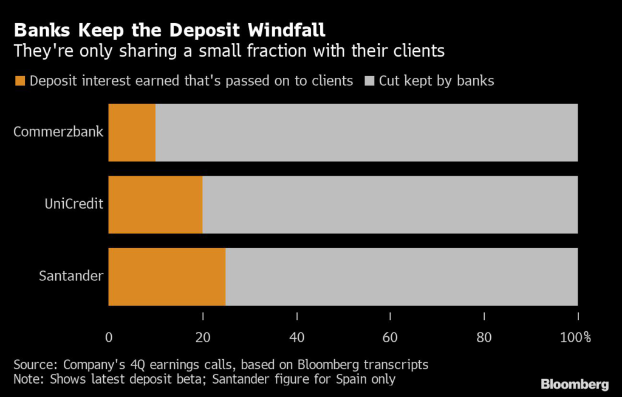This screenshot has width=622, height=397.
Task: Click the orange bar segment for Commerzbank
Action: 132,133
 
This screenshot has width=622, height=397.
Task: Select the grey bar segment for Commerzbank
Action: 366,133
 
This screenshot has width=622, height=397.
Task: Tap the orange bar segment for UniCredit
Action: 155,205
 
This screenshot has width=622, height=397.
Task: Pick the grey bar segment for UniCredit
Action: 389,205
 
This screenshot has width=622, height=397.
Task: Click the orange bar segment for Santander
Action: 167,277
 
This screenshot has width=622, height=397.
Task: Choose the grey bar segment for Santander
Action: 401,277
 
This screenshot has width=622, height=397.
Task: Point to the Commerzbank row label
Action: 59,133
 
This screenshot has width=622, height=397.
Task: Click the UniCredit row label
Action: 73,204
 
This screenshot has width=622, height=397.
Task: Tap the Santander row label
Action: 71,277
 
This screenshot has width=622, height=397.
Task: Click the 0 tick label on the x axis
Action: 109,337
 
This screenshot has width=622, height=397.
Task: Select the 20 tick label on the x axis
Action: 202,337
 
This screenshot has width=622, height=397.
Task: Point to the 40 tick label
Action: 296,337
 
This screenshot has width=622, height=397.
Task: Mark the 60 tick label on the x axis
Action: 390,337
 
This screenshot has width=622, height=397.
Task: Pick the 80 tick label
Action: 484,337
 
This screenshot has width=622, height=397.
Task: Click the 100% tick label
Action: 575,337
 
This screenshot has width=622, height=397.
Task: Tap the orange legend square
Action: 19,81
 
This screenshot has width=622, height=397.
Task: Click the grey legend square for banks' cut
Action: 369,81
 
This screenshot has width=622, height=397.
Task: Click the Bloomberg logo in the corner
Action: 575,384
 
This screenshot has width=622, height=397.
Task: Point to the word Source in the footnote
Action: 33,365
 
